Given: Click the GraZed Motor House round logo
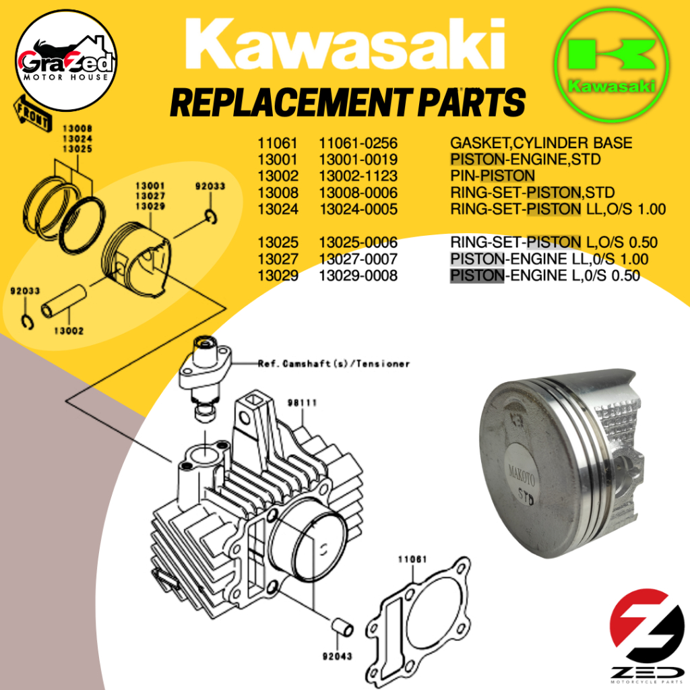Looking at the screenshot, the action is pos(66,60).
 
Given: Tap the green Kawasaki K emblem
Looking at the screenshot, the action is pos(612,65).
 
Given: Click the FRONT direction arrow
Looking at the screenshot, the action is pos(33,113).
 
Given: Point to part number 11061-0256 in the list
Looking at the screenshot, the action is pos(358,143).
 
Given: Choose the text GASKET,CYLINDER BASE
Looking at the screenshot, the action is pos(541,143).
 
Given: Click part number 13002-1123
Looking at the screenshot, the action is pos(358,176).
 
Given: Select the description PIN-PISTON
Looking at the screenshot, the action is pos(492,176).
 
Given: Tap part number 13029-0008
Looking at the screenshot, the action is pos(358,276).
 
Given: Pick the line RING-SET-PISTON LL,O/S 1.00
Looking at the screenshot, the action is pos(557,209).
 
